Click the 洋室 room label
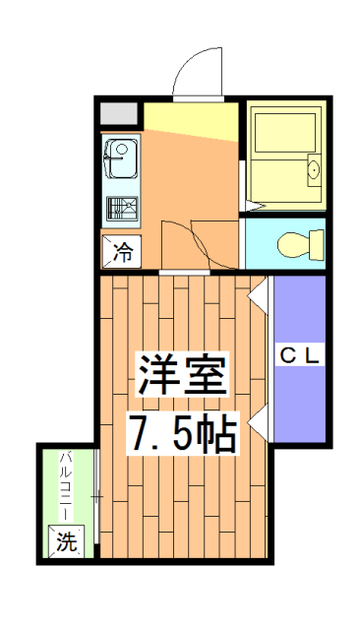click(183, 374)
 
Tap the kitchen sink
click(123, 157)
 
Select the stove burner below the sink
click(123, 210)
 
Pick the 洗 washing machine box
click(67, 540)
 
